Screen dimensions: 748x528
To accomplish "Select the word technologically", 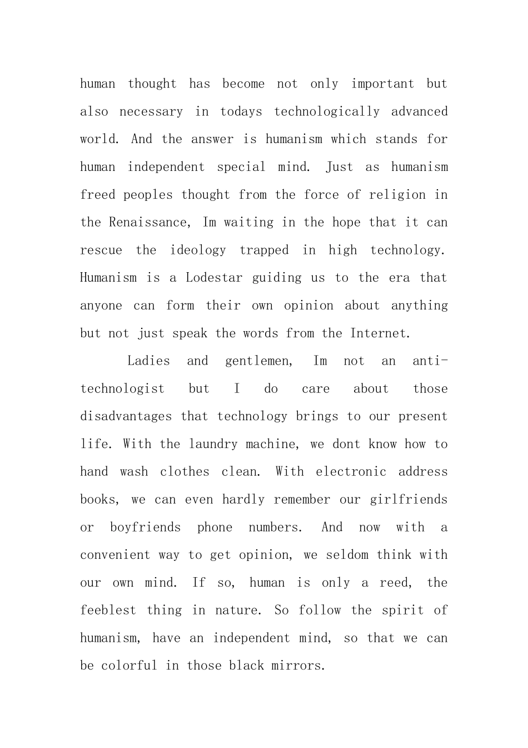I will coord(327,112).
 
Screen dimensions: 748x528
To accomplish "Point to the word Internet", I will coord(380,333).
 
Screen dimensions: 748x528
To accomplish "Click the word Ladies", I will coord(148,361).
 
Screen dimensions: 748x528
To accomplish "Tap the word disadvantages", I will coord(126,416).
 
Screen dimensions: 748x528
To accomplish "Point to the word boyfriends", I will coord(145,527).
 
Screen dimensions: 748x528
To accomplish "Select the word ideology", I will coord(198,250).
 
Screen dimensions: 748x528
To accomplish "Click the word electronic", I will coord(351,472).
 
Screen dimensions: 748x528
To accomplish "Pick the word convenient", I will coord(115,555).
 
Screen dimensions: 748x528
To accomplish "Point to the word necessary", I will coord(151,112).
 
